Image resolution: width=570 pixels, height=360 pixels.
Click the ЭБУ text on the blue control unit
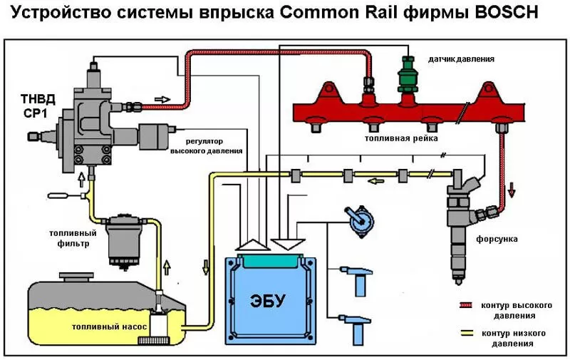click(269, 300)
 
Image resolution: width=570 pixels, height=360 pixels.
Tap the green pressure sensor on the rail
click(407, 78)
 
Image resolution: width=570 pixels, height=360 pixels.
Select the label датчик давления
click(460, 58)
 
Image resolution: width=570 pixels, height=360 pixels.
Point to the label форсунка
click(499, 239)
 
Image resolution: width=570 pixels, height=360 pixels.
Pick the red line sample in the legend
click(467, 304)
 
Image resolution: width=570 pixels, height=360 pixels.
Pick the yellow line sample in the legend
click(467, 333)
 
